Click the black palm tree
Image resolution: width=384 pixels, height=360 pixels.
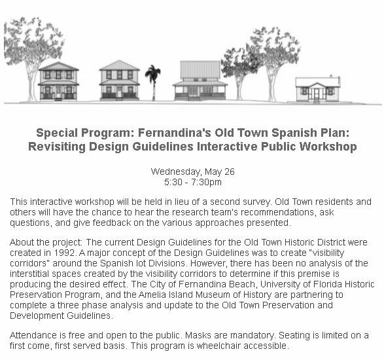(153, 81)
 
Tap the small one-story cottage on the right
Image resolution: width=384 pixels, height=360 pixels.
(318, 90)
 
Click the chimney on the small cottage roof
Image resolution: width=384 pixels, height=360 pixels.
(331, 77)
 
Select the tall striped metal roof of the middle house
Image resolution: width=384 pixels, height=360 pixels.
(200, 69)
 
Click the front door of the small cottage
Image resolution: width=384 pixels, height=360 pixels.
(317, 94)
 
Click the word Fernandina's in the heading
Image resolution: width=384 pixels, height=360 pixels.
(175, 133)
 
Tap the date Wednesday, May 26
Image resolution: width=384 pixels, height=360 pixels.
(193, 171)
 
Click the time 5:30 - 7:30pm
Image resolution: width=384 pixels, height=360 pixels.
(193, 182)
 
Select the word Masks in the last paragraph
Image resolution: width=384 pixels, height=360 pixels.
(198, 335)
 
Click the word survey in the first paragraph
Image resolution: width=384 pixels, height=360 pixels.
(256, 202)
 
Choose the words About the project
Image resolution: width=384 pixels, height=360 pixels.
(46, 242)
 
